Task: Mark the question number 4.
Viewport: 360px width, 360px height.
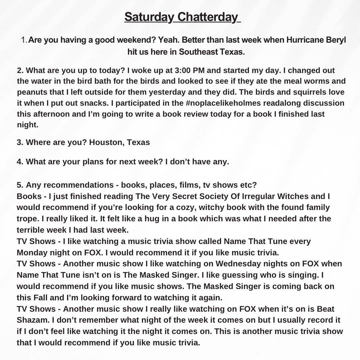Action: (x=19, y=162)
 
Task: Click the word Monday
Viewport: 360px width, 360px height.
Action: (x=33, y=252)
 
